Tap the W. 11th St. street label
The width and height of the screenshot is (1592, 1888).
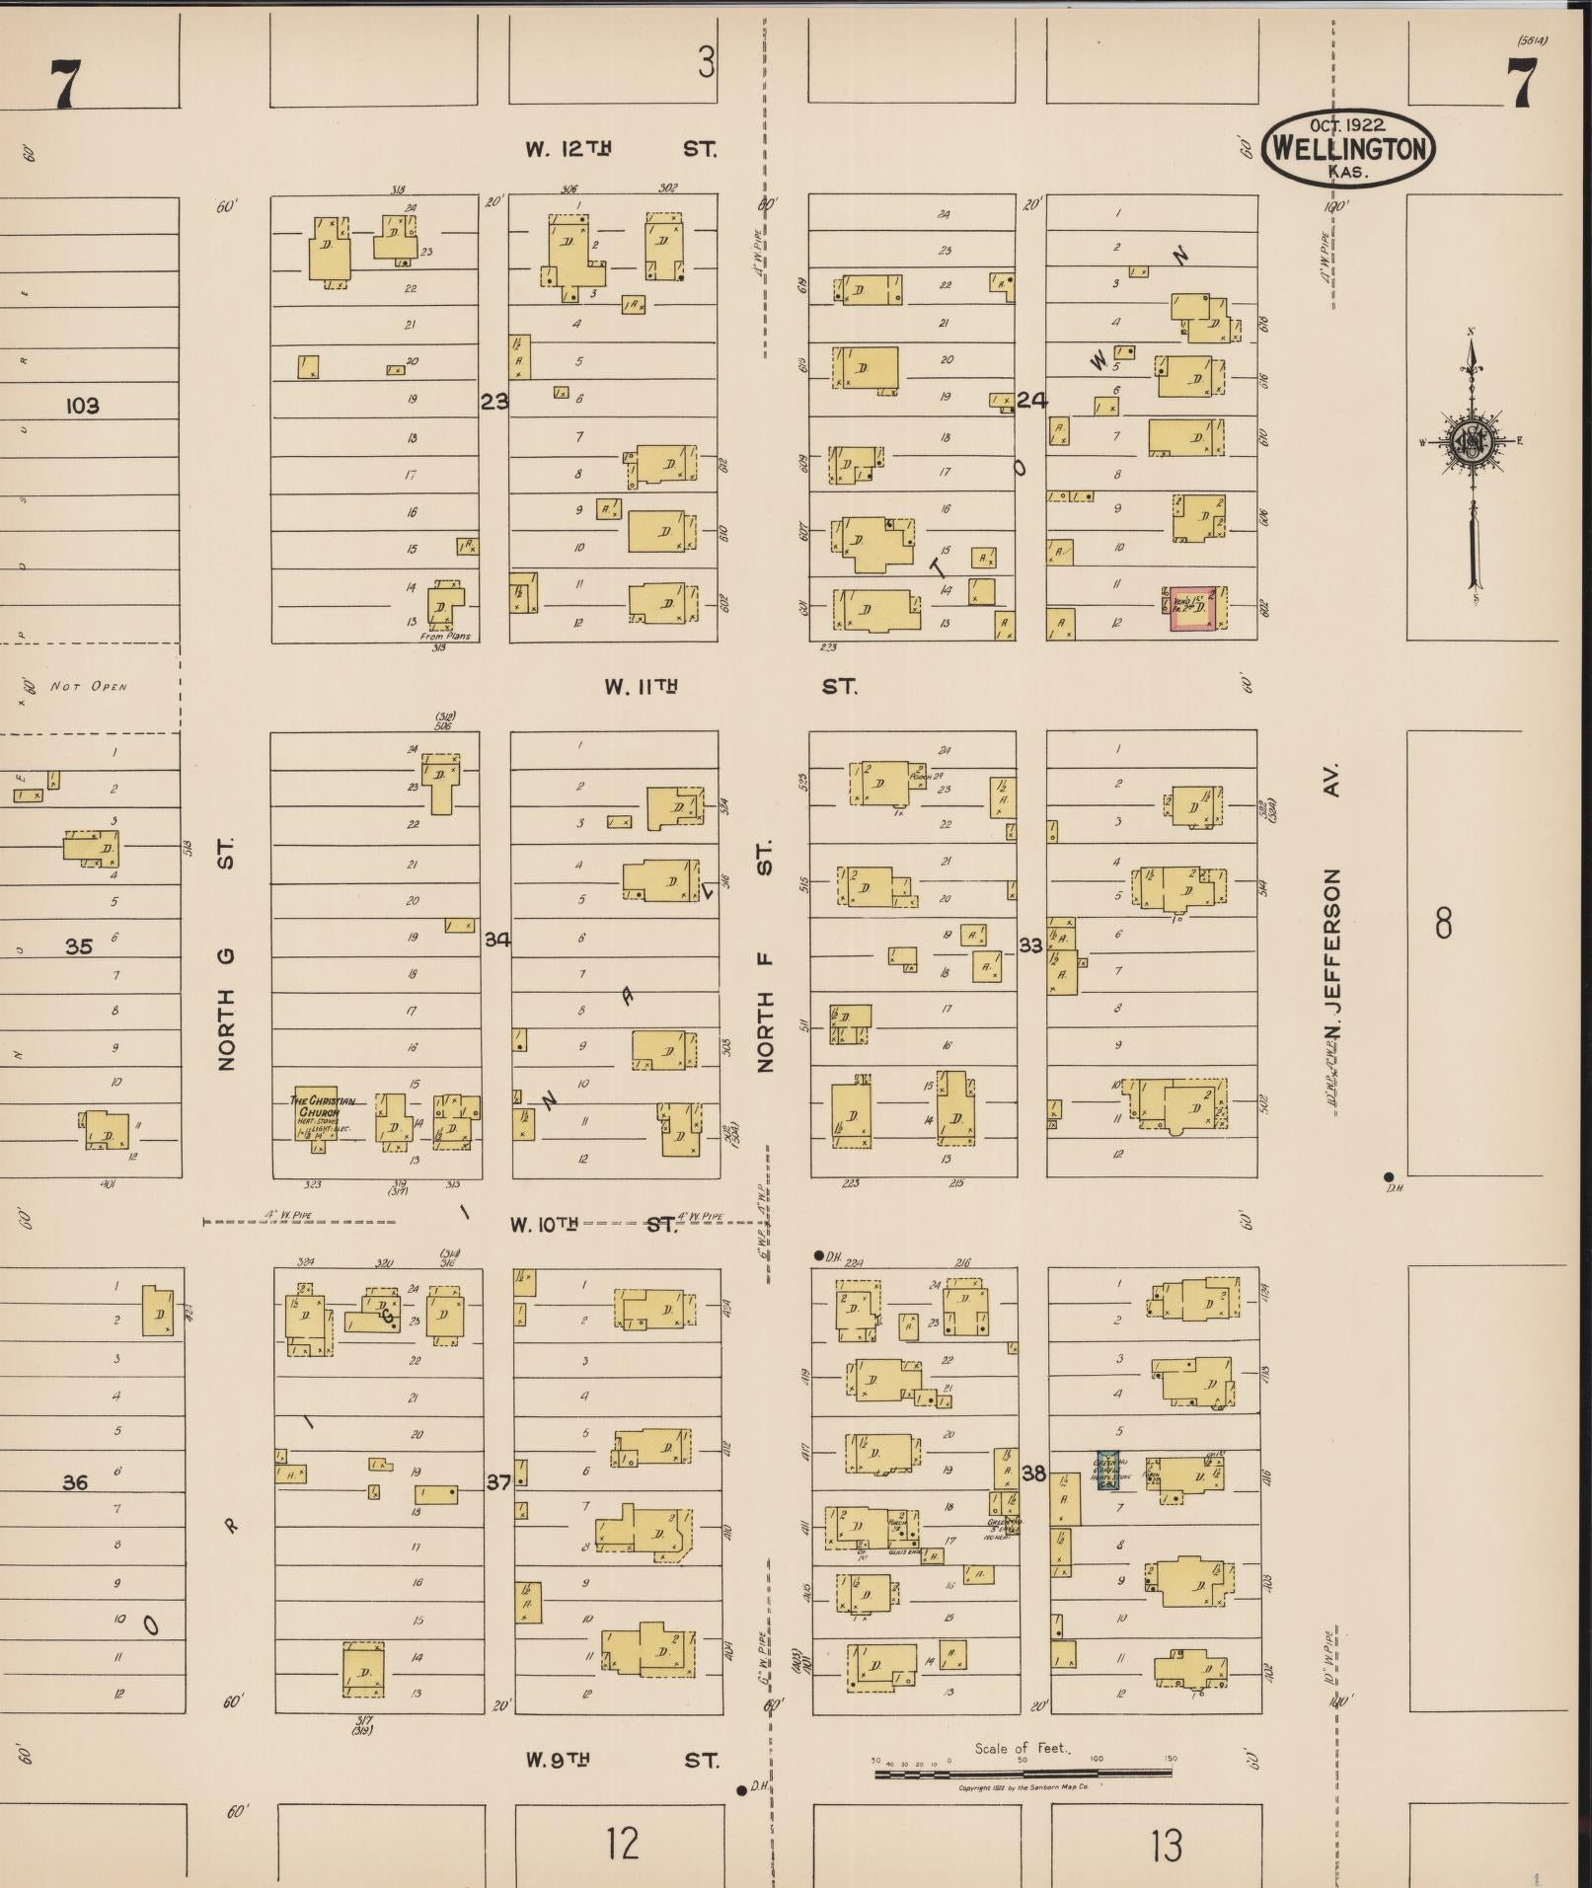pos(730,686)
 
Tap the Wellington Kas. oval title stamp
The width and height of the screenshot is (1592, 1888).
pos(1348,148)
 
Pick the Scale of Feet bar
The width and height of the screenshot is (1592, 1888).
pos(1023,1773)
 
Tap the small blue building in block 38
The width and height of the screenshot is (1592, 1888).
pos(1107,1470)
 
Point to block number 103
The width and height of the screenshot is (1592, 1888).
pos(83,406)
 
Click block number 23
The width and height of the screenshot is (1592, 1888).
pos(494,402)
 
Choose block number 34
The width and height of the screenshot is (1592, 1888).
pos(496,940)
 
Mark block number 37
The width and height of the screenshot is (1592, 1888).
pos(498,1481)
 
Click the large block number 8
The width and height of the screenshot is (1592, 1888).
pos(1443,924)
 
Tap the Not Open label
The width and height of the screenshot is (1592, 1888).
pos(89,686)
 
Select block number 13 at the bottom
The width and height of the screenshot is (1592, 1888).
pos(1166,1844)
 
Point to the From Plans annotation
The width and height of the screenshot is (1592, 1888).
pos(445,636)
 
